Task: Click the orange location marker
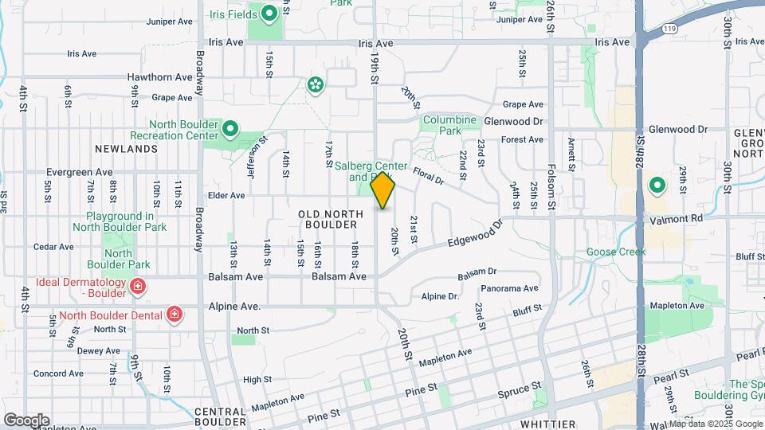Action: (x=383, y=190)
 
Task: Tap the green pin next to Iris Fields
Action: (x=269, y=13)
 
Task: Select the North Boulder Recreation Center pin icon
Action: (x=230, y=128)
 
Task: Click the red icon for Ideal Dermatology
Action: (x=138, y=286)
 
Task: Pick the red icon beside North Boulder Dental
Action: (x=175, y=315)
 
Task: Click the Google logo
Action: (x=26, y=420)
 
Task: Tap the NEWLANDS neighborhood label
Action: (x=125, y=149)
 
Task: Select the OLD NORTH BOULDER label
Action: (x=327, y=220)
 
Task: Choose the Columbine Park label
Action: (x=449, y=125)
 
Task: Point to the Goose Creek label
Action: (x=616, y=252)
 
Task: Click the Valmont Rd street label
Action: (x=675, y=217)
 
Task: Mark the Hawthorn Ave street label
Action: (x=160, y=77)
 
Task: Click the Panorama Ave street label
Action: (x=509, y=288)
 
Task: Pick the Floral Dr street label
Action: (x=428, y=174)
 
